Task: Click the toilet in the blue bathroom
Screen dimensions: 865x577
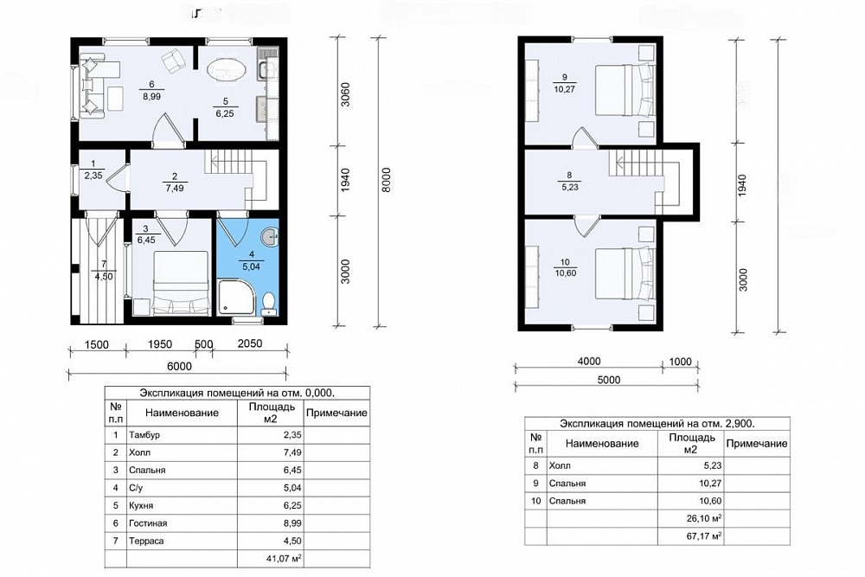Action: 269,303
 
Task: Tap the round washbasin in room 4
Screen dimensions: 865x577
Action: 270,236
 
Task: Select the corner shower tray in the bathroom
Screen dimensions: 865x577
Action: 237,297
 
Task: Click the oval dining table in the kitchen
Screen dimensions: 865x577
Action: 227,71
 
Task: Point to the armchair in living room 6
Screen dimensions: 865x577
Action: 175,61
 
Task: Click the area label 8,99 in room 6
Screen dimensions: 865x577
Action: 151,96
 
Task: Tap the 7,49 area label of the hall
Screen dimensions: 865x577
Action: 175,188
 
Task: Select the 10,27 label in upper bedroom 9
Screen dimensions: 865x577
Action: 564,89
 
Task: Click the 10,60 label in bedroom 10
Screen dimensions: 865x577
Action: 566,272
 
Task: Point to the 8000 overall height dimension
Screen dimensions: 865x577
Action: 386,180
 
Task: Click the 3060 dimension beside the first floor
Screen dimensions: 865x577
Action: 345,95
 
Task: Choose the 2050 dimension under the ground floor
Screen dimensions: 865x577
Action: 249,343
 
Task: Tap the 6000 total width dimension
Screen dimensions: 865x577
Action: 179,366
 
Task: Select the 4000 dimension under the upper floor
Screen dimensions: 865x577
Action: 588,362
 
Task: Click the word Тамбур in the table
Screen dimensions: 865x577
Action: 144,434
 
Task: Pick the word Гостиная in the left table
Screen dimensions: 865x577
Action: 148,523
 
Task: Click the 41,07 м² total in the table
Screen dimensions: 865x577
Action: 284,558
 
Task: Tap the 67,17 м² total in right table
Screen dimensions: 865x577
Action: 704,535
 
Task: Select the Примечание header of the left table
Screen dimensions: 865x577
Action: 336,414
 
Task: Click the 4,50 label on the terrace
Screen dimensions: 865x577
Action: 104,277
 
